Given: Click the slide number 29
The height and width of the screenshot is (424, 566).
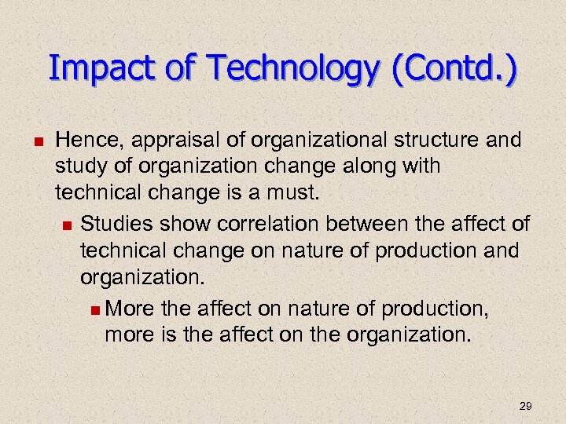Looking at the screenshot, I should (526, 406).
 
